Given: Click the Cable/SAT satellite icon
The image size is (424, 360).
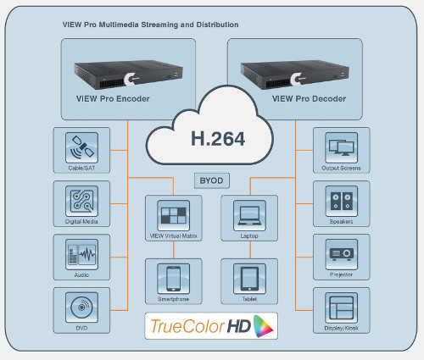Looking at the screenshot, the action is [x=81, y=147].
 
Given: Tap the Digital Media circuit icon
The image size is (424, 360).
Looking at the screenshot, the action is [x=81, y=201].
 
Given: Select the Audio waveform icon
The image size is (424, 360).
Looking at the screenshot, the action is [x=81, y=254].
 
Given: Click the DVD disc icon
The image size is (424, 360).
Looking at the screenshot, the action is [x=81, y=307].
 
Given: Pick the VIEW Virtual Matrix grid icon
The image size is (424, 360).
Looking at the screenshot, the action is [x=173, y=215].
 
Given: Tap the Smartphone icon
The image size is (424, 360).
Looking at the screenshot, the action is [x=173, y=279].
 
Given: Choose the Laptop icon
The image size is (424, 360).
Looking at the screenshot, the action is [x=249, y=215].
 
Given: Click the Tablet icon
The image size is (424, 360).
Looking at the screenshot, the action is [x=249, y=279].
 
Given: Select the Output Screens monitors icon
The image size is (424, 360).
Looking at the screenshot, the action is [x=341, y=147].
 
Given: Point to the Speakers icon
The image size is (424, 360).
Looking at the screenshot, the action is [x=341, y=201].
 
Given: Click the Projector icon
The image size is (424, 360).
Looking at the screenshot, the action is [x=341, y=254].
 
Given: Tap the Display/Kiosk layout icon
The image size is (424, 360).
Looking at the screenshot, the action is [x=341, y=307].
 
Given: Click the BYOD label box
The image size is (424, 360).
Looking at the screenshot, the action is [x=212, y=180].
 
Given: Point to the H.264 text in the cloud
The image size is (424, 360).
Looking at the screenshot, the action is [x=218, y=139].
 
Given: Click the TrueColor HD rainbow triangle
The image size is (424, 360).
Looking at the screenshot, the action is [x=263, y=326].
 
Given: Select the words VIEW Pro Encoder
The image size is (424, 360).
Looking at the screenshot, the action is [x=113, y=99].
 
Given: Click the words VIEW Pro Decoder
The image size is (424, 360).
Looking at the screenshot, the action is [x=309, y=99].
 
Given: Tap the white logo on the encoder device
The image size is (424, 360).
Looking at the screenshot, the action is [x=131, y=79].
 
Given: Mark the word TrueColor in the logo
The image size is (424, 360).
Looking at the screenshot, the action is [x=187, y=326].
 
